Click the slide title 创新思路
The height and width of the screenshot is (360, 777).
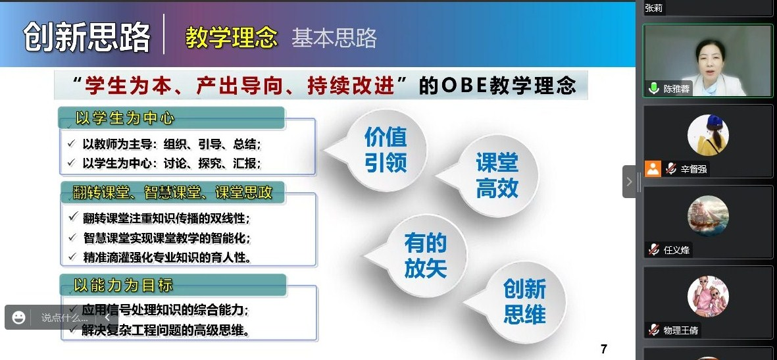click(x=87, y=36)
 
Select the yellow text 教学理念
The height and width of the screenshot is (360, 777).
click(x=231, y=38)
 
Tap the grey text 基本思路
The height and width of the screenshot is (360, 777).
click(x=334, y=38)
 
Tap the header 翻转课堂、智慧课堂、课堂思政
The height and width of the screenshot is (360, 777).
click(x=172, y=192)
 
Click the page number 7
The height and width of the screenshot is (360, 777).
click(x=603, y=349)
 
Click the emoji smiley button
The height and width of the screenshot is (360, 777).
click(x=19, y=317)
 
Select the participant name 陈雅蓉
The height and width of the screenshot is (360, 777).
click(x=676, y=90)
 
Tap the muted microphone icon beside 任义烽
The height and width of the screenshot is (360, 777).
click(x=654, y=249)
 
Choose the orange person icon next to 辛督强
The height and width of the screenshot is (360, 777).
click(x=653, y=169)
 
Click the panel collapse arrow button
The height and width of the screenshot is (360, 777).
click(x=629, y=182)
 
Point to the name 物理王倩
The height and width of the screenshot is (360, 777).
click(x=680, y=330)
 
